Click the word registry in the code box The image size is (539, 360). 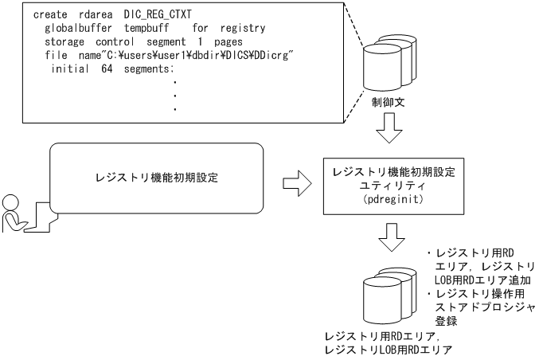[243, 27]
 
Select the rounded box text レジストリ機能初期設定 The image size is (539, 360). [155, 178]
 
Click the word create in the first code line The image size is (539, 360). [53, 15]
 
